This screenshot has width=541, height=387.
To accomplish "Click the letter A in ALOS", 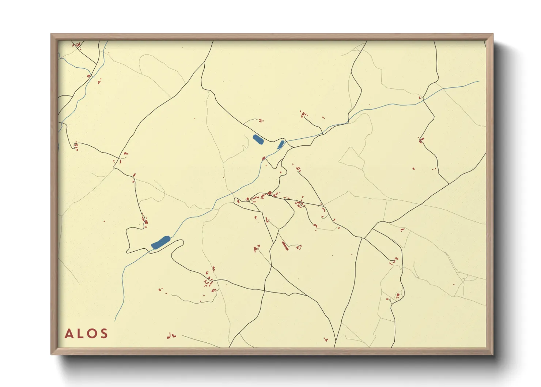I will click(x=69, y=334).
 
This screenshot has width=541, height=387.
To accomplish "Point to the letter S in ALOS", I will click(x=104, y=334).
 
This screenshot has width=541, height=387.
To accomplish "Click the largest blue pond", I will click(x=160, y=242).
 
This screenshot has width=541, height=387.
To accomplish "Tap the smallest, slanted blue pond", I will click(x=281, y=144).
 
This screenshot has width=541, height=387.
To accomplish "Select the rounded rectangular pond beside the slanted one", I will click(x=258, y=139).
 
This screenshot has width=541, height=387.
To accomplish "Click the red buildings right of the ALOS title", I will click(x=171, y=335).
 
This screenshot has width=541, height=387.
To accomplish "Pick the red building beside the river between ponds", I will click(x=264, y=158).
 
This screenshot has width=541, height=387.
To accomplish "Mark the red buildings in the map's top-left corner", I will click(x=77, y=45).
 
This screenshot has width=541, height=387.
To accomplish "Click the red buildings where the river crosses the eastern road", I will click(x=420, y=98).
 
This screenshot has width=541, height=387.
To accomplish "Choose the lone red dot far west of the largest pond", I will click(x=104, y=221).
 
